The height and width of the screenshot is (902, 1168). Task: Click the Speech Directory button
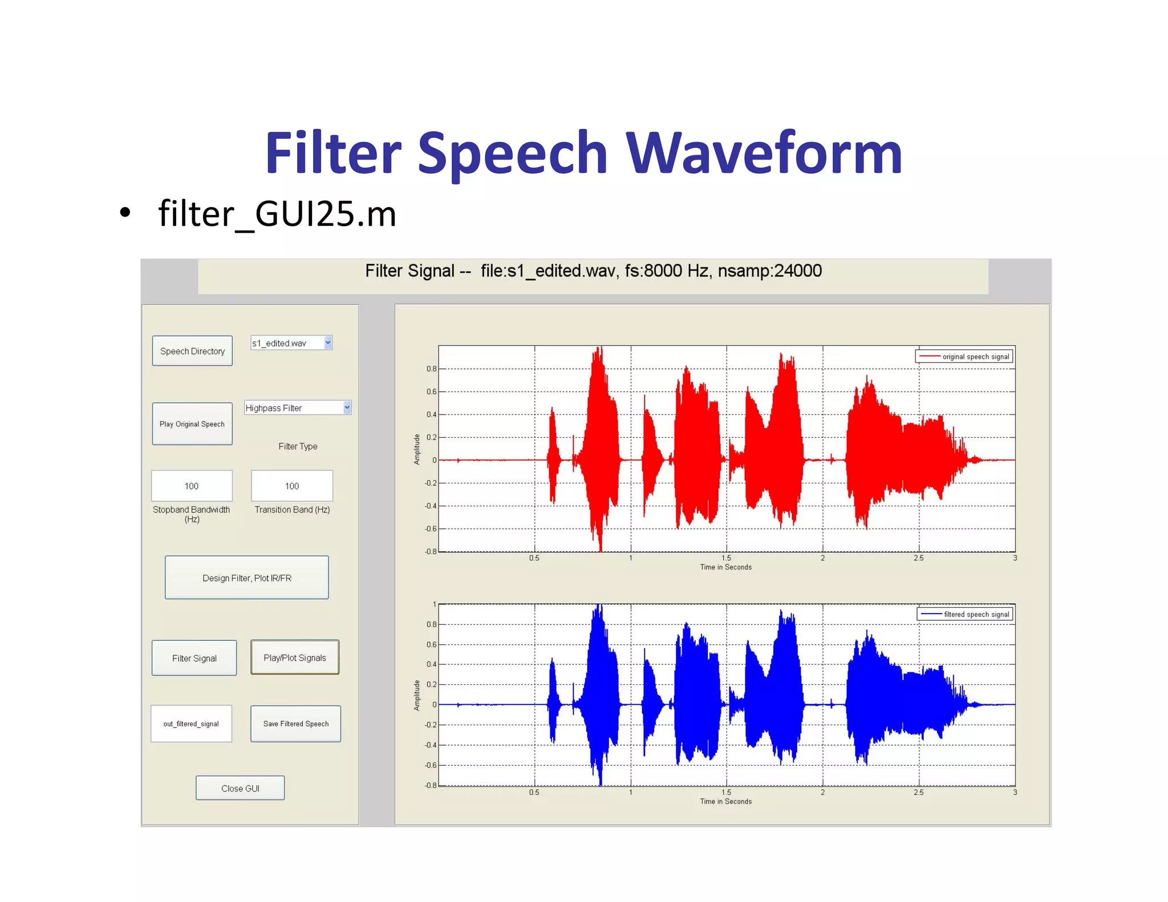click(192, 351)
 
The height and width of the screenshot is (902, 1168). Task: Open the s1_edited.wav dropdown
click(291, 343)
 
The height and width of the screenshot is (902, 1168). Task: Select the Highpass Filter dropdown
click(297, 408)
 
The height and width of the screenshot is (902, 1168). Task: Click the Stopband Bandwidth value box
click(192, 486)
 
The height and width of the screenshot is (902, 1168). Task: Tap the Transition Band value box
click(292, 486)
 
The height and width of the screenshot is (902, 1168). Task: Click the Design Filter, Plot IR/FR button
click(247, 578)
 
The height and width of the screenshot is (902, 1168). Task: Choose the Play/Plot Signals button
click(295, 657)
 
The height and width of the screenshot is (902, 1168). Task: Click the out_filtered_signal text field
click(191, 724)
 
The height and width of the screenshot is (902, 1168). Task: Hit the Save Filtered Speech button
click(295, 724)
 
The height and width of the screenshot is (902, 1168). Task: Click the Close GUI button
click(240, 788)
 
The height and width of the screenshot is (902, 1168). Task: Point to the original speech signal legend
click(964, 356)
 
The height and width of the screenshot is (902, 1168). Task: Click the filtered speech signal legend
click(965, 614)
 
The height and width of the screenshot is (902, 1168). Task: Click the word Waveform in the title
click(764, 153)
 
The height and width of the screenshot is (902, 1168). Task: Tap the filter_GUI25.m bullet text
click(277, 214)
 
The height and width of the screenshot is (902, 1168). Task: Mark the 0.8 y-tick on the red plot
click(431, 369)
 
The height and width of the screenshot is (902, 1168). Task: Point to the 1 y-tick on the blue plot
click(434, 604)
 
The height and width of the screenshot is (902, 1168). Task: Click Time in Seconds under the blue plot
click(725, 801)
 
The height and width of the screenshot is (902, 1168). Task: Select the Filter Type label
click(298, 446)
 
